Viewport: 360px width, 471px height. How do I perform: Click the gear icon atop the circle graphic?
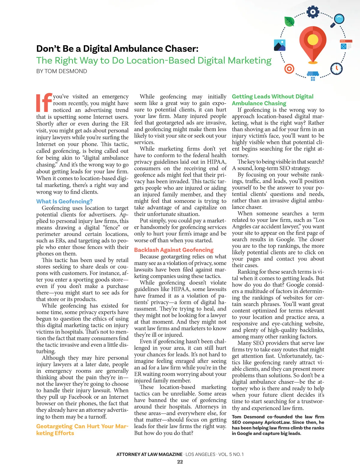(x=313, y=12)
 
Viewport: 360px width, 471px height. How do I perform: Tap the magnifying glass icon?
(x=339, y=20)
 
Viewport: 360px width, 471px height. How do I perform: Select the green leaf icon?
(x=289, y=22)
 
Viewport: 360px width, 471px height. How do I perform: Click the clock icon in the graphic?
(x=336, y=69)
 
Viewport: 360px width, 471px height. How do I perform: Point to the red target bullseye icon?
(x=289, y=69)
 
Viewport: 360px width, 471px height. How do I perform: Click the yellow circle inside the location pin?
(x=313, y=39)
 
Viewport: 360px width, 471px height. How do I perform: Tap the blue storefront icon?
(x=313, y=76)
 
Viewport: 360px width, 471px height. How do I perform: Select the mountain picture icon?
(x=280, y=45)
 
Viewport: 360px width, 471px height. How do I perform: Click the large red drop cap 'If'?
(x=44, y=103)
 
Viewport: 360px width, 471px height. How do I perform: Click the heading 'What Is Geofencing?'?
(x=64, y=201)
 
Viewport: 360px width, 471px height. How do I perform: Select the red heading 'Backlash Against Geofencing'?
(x=174, y=250)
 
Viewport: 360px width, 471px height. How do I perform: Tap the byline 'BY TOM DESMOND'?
(x=61, y=71)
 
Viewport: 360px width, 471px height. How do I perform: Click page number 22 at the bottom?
(x=180, y=462)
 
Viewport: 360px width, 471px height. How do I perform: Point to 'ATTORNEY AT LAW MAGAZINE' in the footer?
(x=149, y=454)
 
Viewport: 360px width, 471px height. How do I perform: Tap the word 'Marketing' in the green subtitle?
(x=250, y=61)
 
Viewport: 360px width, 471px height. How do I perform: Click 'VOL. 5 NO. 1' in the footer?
(x=231, y=454)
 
